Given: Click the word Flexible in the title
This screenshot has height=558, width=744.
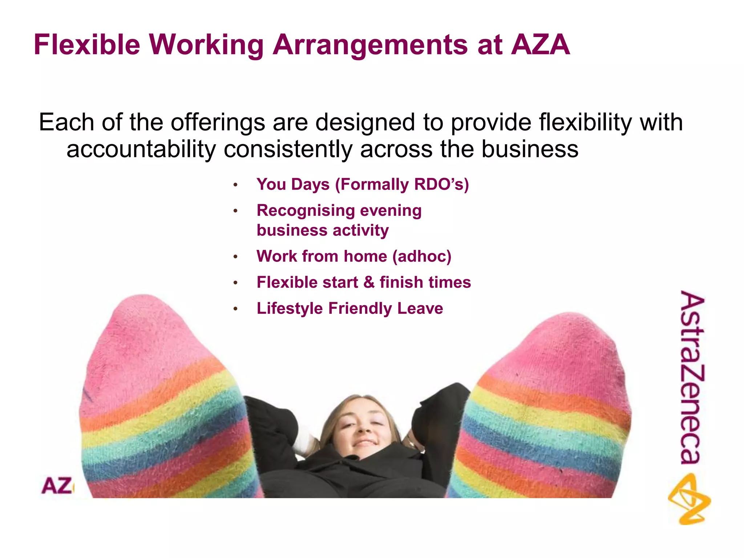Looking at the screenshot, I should click(87, 45).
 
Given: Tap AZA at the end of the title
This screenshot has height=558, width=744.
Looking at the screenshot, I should click(540, 45).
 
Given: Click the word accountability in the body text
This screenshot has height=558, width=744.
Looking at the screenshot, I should click(141, 149).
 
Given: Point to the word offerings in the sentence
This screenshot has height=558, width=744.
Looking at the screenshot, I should click(218, 122).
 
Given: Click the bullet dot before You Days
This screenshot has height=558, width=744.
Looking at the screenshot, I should click(235, 185).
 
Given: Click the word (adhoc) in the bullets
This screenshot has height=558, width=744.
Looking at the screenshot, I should click(422, 256).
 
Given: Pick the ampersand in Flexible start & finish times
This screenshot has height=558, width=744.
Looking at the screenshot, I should click(369, 282).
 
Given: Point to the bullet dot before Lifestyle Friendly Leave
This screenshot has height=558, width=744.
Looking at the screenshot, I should click(235, 309).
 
